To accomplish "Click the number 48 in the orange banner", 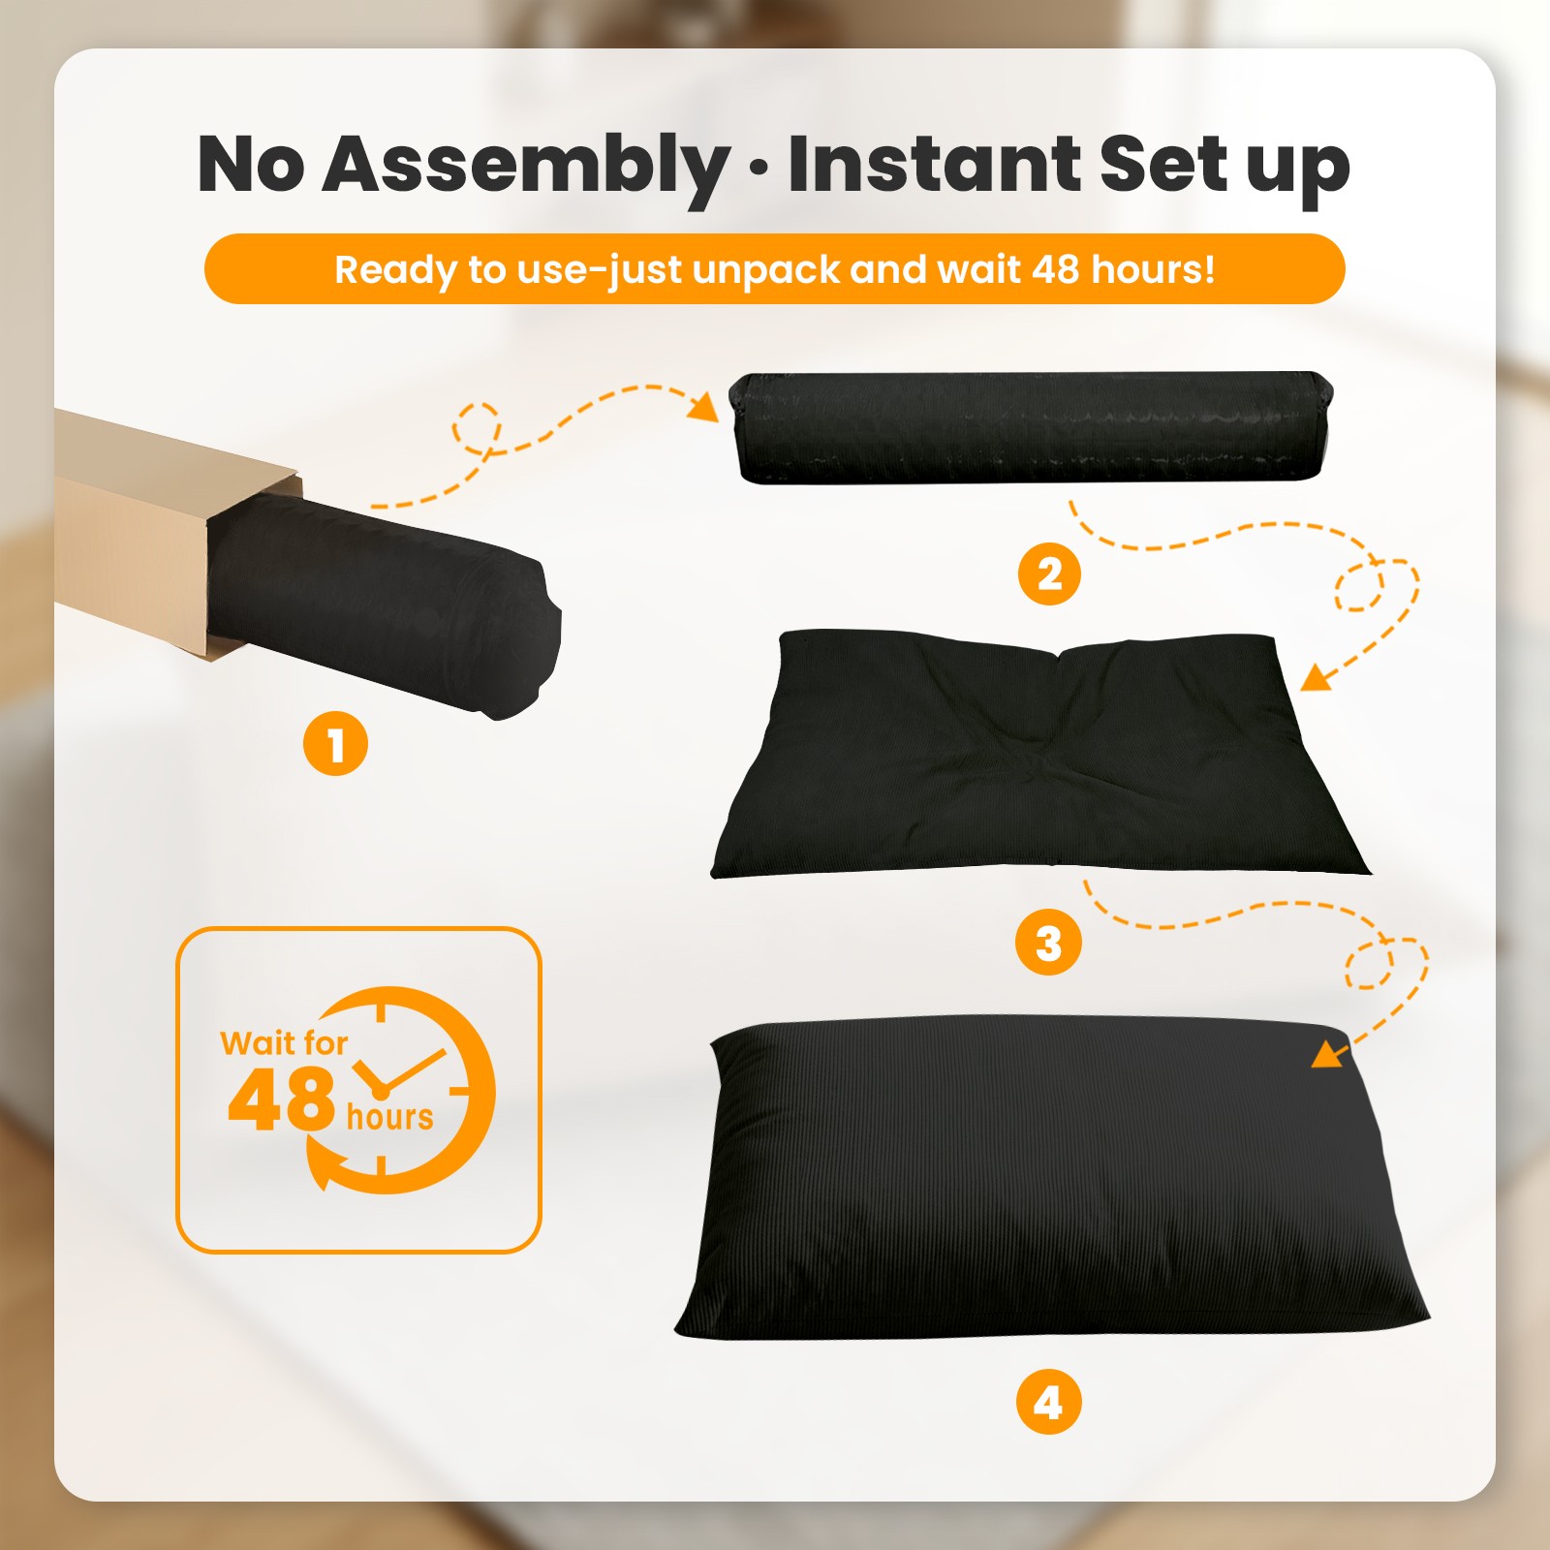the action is [x=1055, y=268].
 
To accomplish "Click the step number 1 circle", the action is [x=335, y=744].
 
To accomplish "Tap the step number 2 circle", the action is [x=1049, y=573].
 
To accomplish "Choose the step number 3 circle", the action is [x=1048, y=943].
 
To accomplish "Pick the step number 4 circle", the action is [x=1048, y=1402].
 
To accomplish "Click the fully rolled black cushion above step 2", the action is [x=1031, y=427].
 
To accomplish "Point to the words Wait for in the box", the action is [x=284, y=1042].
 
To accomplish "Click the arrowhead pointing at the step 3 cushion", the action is [x=1317, y=676].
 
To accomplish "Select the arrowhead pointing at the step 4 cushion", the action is [x=1329, y=1053].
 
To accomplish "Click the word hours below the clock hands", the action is [x=389, y=1117].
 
